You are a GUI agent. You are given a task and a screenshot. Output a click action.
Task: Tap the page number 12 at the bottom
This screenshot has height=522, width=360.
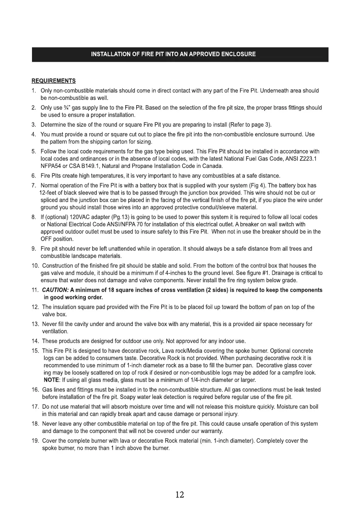(180, 495)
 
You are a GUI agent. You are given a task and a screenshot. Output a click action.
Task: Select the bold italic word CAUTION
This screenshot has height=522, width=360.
(55, 290)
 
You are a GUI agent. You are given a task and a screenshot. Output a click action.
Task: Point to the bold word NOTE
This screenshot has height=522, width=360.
(51, 379)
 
